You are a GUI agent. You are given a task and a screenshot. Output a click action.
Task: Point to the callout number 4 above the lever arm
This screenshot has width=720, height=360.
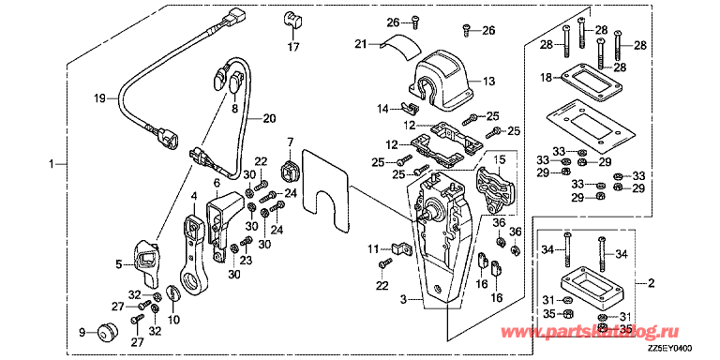(x=194, y=196)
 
